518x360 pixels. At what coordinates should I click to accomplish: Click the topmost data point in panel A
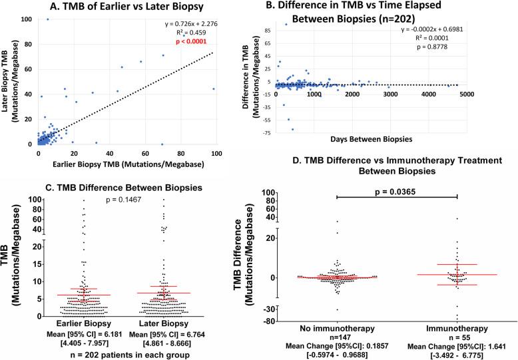click(x=47, y=19)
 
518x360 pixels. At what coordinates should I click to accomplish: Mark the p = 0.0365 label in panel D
click(x=397, y=190)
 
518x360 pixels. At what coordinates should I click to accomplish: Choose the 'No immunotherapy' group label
click(x=337, y=328)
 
